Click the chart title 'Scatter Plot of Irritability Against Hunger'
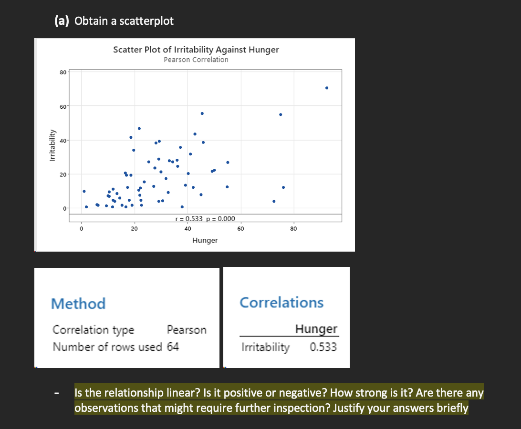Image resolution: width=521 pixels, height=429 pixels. [x=196, y=50]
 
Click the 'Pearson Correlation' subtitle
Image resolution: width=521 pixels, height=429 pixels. [x=196, y=60]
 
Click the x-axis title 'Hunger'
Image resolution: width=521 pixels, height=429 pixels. [x=205, y=240]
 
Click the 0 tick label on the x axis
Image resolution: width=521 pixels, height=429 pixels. [x=82, y=229]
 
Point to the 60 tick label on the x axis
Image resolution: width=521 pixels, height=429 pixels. [x=240, y=229]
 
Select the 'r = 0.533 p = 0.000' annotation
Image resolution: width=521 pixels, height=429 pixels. [x=205, y=219]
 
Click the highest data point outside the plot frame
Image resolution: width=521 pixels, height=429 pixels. [x=327, y=88]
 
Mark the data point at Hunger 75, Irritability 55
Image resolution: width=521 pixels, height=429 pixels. [x=281, y=114]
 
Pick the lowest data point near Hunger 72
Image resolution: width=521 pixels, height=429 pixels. [x=274, y=201]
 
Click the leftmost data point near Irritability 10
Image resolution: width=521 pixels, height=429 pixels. [x=84, y=191]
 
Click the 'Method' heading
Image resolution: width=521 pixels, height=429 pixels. [x=78, y=303]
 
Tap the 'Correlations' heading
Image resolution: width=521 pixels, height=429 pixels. [x=281, y=302]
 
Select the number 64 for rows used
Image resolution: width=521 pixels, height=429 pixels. [x=173, y=347]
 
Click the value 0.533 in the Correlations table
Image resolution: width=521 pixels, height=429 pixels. [x=323, y=347]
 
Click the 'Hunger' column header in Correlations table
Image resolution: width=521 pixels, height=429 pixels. [x=316, y=329]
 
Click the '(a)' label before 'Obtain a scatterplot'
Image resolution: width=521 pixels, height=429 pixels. [x=63, y=21]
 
